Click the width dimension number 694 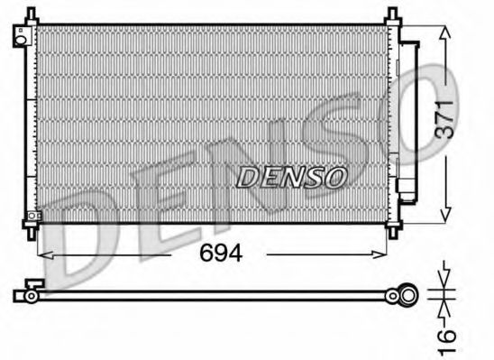221,254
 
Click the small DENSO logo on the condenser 290,177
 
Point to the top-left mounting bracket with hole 20,36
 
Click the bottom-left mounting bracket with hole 32,217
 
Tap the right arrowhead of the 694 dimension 388,254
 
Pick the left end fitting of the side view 28,294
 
